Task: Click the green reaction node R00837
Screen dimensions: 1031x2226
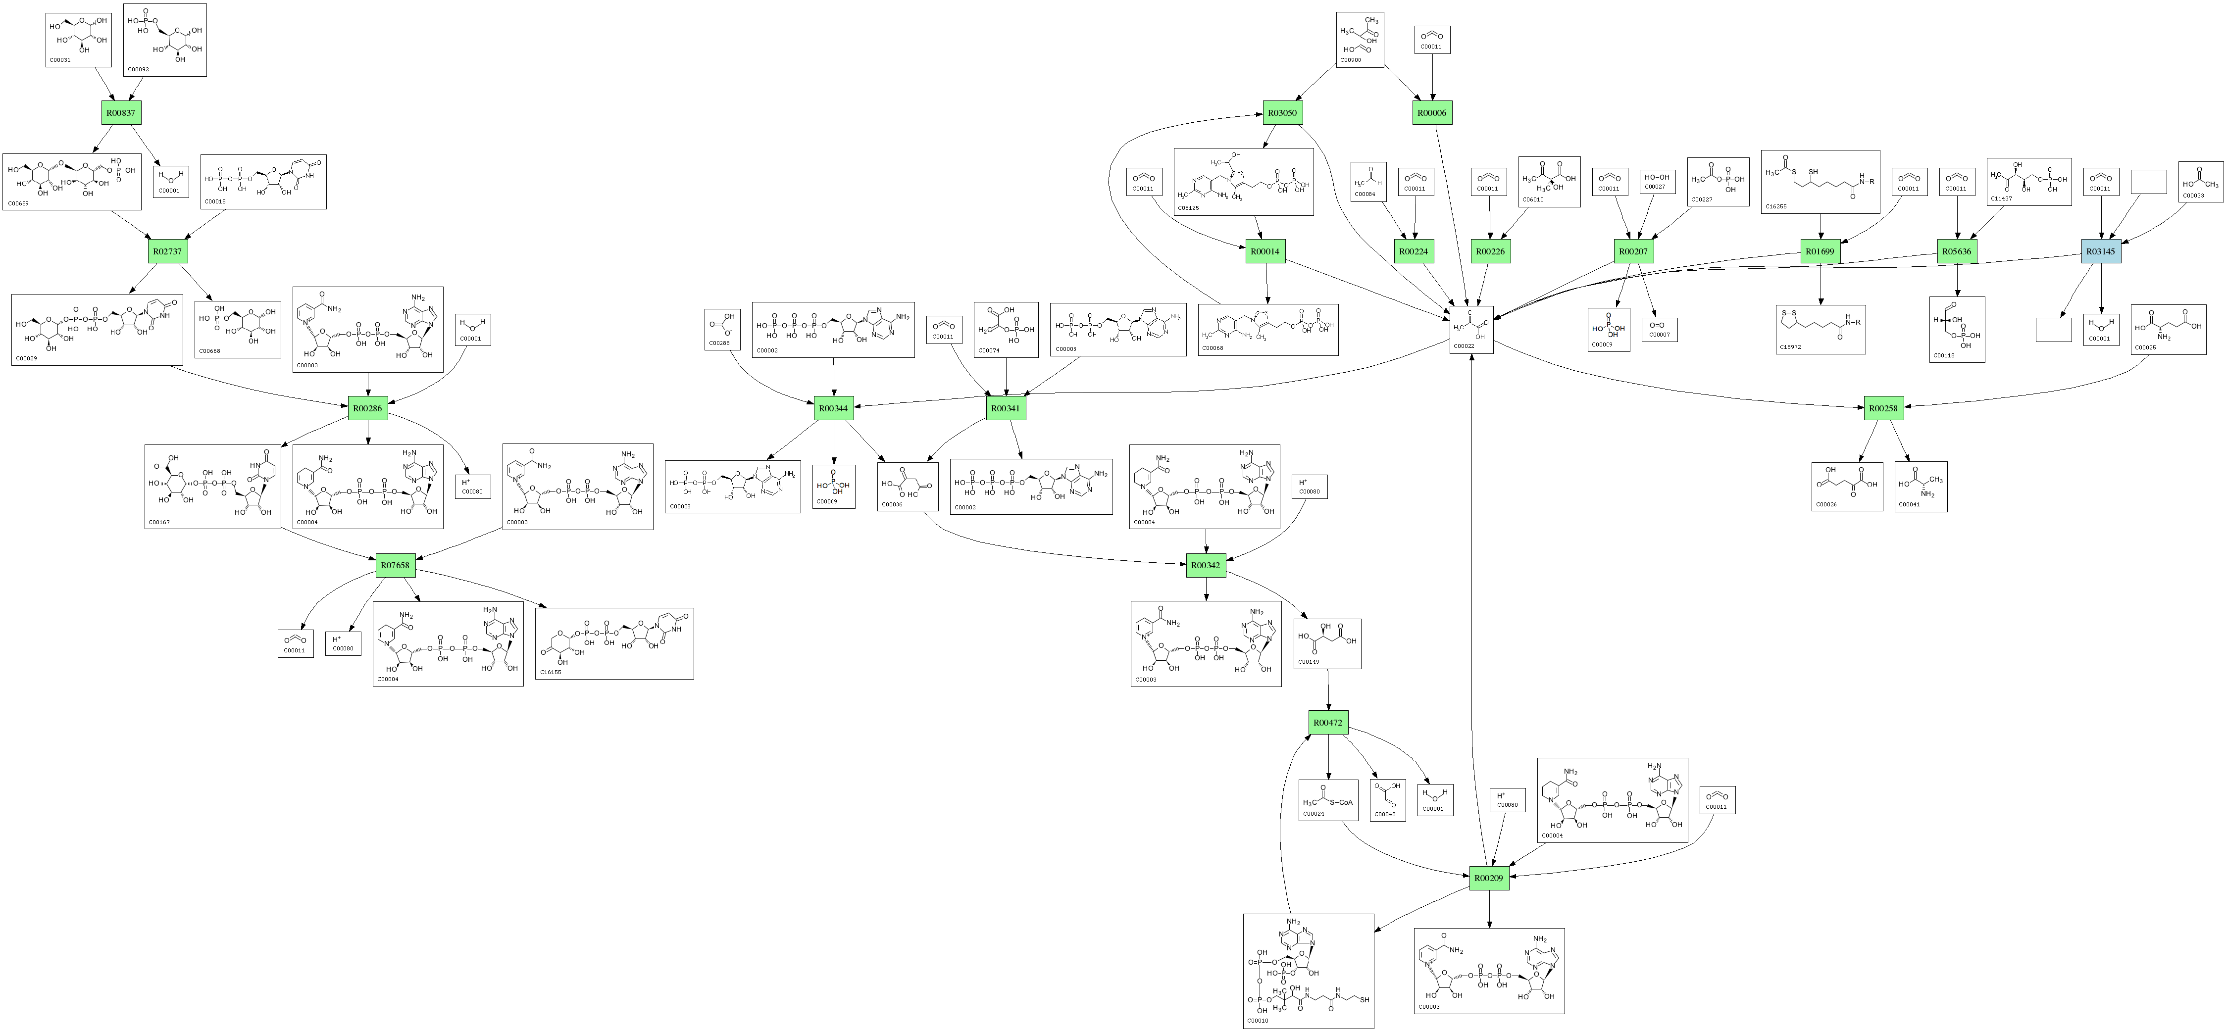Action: (x=120, y=113)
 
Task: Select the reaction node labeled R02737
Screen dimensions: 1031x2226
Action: (x=168, y=251)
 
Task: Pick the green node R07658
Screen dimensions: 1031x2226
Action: (x=396, y=566)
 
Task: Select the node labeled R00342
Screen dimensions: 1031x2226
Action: (x=1206, y=566)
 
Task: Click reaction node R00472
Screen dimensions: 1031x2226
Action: (x=1328, y=723)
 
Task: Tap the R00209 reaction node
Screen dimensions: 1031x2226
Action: (x=1489, y=878)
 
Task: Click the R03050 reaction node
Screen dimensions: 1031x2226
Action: (x=1283, y=113)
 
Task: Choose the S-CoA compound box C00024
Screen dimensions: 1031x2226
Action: (x=1328, y=800)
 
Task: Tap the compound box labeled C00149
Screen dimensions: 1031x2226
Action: (x=1327, y=644)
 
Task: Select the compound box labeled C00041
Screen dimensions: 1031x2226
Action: (x=1921, y=487)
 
